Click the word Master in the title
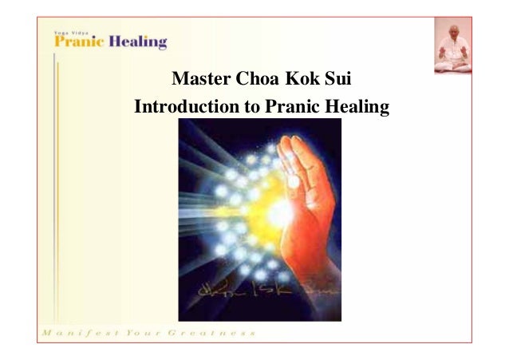pos(199,81)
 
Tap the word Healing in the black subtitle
pos(353,106)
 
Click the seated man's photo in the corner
pos(452,45)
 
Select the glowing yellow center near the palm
pos(279,212)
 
